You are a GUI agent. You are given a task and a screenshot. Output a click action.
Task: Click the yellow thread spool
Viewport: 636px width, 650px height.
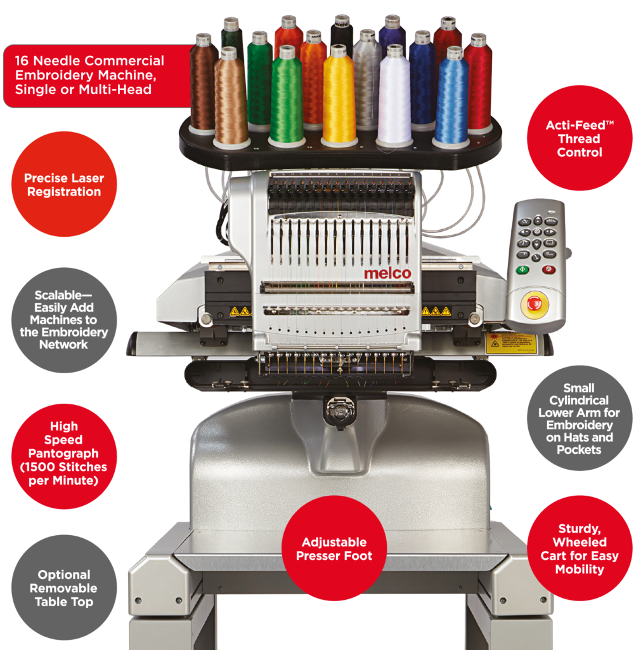pos(339,95)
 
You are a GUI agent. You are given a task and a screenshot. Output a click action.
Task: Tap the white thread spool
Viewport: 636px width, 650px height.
pos(394,96)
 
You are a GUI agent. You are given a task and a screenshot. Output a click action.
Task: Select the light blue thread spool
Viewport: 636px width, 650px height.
pos(451,97)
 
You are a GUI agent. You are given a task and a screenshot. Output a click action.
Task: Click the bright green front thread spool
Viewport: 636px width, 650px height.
pos(286,96)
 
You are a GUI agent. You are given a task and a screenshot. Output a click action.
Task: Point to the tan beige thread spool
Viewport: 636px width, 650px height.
pos(231,98)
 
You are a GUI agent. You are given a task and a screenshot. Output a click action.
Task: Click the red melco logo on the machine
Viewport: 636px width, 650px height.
pos(387,274)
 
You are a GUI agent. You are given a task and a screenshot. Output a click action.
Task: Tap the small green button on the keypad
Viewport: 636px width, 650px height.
pos(522,269)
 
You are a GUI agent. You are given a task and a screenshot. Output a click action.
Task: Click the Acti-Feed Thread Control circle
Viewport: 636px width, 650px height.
pos(580,138)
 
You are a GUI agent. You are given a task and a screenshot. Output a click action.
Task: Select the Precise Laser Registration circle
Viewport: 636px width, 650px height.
pos(64,185)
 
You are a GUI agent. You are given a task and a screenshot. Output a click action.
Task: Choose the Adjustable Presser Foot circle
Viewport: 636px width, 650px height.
pos(334,548)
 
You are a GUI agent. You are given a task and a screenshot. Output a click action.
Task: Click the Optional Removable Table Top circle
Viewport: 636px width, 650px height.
pos(64,588)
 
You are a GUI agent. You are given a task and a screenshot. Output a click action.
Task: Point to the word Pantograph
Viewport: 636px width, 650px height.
pos(63,453)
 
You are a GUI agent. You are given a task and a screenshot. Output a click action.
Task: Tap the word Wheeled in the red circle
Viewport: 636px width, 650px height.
pos(580,542)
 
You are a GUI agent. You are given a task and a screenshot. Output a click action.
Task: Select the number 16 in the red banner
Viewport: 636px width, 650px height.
pos(22,61)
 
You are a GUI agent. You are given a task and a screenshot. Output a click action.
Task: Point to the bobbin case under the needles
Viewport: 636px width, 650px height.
pos(339,411)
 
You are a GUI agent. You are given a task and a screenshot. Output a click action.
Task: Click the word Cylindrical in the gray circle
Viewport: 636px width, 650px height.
pos(579,401)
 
